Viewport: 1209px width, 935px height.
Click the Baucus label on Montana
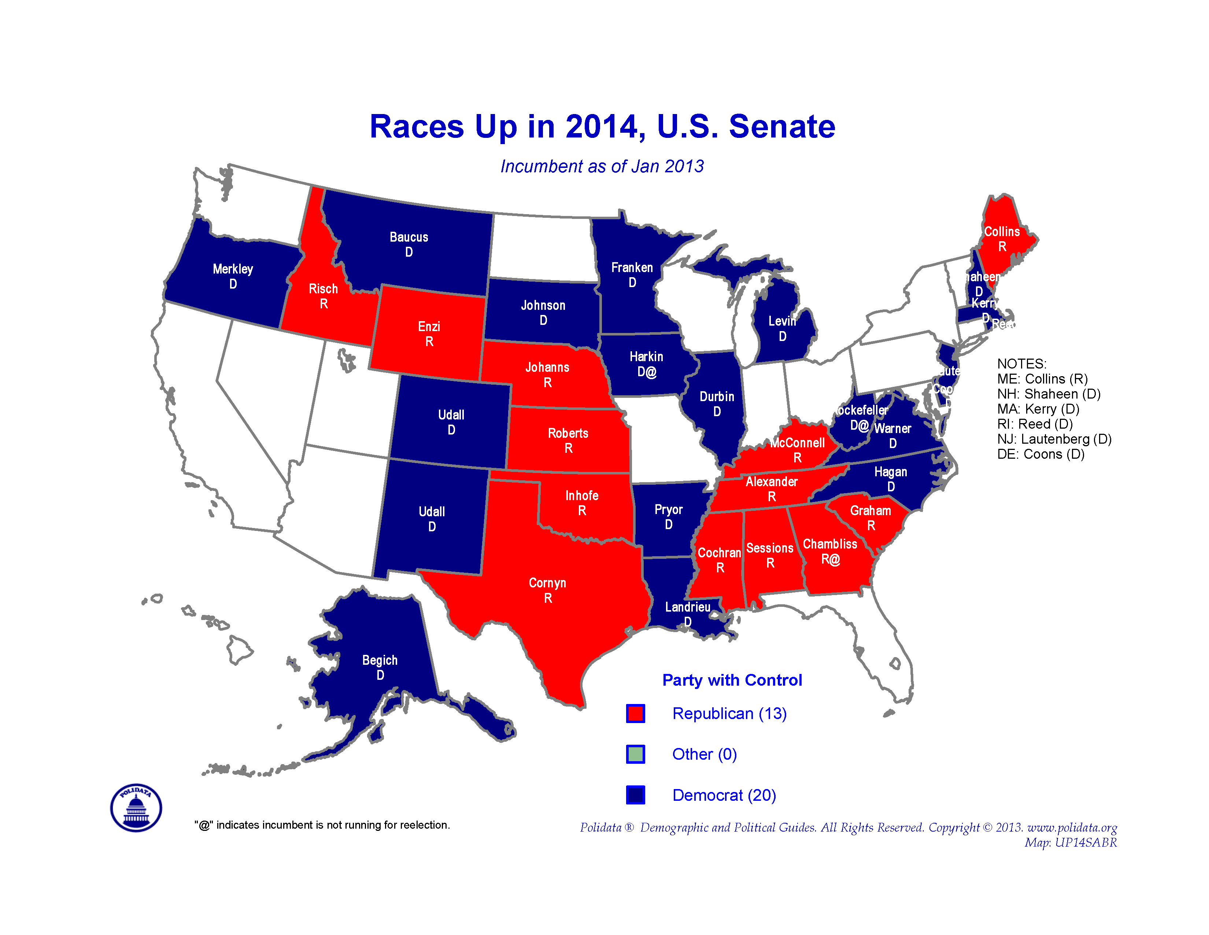point(408,238)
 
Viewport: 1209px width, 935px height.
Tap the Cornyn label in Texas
point(547,583)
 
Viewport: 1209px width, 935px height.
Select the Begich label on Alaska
point(380,660)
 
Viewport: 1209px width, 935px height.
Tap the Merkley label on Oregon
point(233,269)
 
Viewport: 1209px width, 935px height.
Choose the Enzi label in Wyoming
point(429,327)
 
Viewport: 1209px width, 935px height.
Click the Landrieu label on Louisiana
point(688,608)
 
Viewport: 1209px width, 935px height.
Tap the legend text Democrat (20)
point(724,795)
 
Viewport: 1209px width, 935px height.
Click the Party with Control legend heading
point(732,680)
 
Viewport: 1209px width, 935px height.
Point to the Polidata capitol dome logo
point(136,808)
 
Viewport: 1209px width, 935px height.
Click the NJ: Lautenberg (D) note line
point(1054,439)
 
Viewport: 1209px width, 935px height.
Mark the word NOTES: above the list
point(1021,364)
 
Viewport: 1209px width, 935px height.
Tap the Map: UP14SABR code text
point(1070,843)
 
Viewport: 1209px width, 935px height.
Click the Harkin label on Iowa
point(646,357)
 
